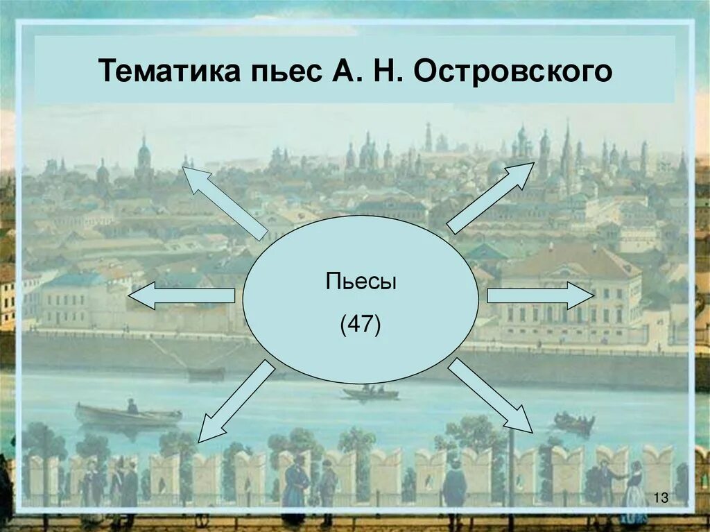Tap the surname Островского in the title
click(513, 71)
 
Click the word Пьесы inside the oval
click(361, 283)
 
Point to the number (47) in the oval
click(360, 324)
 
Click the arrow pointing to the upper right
click(491, 197)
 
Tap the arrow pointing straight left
click(181, 296)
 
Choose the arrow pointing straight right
click(540, 295)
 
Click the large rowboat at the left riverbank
click(128, 417)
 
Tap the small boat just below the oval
click(371, 394)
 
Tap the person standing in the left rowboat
click(132, 406)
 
